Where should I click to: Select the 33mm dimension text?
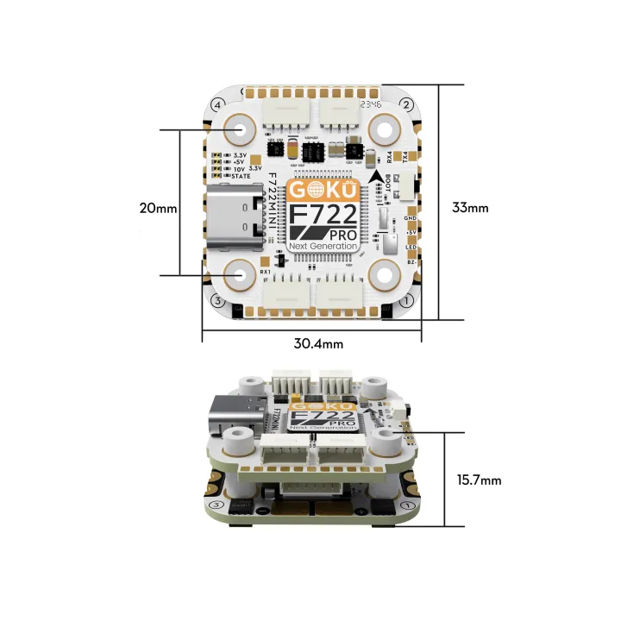pos(470,207)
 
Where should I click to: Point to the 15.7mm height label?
pos(475,480)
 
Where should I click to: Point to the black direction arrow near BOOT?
pos(376,179)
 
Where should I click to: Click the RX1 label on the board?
pos(266,272)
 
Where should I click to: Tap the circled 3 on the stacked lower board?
pos(216,505)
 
